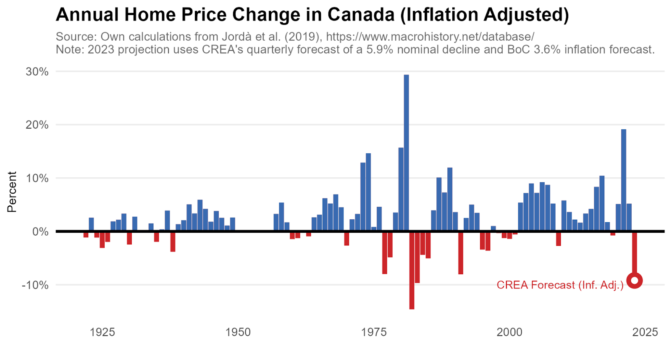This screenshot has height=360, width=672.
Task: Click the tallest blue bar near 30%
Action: pyautogui.click(x=406, y=153)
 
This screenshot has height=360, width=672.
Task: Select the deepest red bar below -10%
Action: pyautogui.click(x=412, y=271)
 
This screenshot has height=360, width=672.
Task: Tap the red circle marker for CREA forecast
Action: pyautogui.click(x=635, y=281)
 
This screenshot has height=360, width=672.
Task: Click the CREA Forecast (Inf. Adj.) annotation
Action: pyautogui.click(x=560, y=285)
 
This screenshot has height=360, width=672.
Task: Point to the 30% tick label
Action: pyautogui.click(x=37, y=72)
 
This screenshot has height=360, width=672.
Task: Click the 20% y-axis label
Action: pyautogui.click(x=37, y=125)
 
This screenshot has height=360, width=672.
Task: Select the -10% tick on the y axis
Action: pyautogui.click(x=35, y=285)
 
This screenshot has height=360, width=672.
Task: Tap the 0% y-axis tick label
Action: pyautogui.click(x=40, y=232)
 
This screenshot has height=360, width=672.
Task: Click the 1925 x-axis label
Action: pyautogui.click(x=102, y=332)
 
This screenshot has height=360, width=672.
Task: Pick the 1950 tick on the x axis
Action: pyautogui.click(x=238, y=332)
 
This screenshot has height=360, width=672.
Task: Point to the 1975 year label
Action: pyautogui.click(x=373, y=332)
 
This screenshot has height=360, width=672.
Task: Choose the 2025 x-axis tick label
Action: pyautogui.click(x=645, y=332)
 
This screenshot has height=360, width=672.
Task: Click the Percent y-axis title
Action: pyautogui.click(x=12, y=192)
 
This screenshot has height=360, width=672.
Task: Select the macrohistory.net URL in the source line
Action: pyautogui.click(x=430, y=37)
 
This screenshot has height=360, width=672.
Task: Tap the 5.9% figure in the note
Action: pyautogui.click(x=380, y=50)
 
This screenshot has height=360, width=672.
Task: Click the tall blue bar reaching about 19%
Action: pyautogui.click(x=624, y=180)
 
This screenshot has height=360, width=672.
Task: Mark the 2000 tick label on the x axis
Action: pyautogui.click(x=509, y=332)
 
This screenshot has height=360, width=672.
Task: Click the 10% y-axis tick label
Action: pyautogui.click(x=37, y=179)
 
